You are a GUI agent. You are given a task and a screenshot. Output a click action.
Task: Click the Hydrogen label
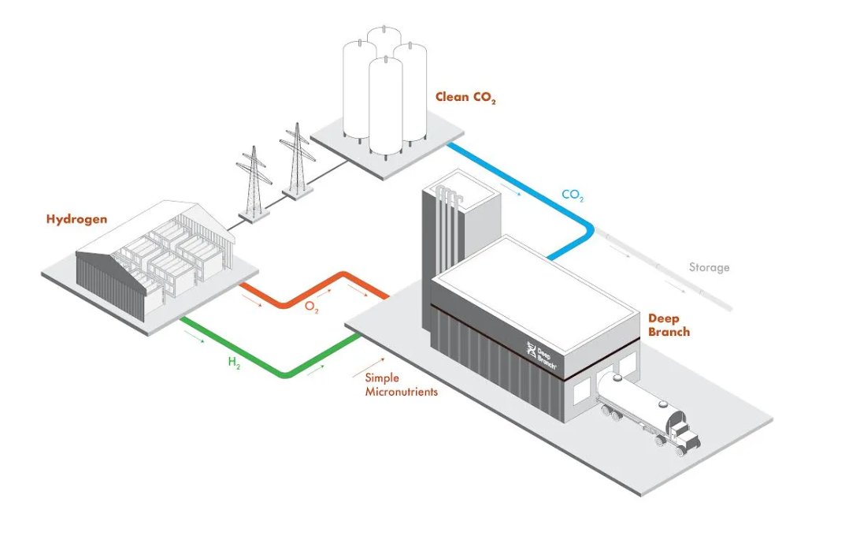point(76,219)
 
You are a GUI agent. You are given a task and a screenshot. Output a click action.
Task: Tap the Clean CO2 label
point(465,99)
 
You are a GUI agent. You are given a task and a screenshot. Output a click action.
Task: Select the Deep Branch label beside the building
point(669,325)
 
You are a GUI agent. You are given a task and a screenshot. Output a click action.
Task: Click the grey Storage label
point(709,267)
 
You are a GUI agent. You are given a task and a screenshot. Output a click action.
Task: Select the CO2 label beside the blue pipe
point(573,194)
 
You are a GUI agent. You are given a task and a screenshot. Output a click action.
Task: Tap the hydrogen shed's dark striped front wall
point(110,285)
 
